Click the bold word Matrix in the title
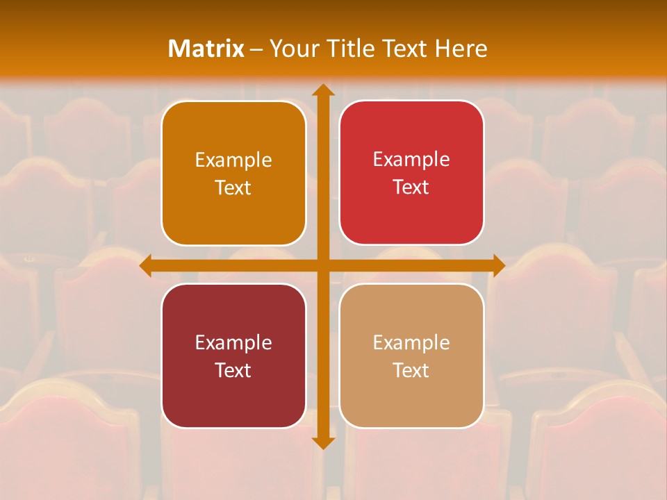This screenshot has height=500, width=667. (206, 49)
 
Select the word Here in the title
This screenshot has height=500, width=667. (461, 49)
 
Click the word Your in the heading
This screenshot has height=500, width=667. (293, 49)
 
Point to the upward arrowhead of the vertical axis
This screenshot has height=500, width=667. (322, 91)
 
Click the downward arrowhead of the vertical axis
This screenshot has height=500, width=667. (322, 441)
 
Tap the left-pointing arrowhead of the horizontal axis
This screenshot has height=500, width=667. (147, 265)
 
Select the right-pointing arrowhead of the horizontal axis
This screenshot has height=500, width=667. (497, 265)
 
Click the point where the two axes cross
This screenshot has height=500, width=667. (322, 265)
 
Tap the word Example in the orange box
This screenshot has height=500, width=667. (233, 160)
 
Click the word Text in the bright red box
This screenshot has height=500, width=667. (411, 187)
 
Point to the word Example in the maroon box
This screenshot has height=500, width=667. (233, 342)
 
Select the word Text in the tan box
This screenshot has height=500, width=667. (411, 370)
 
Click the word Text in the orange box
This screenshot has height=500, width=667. (233, 187)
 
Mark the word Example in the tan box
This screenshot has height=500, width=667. (411, 342)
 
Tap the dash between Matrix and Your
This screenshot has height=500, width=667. (257, 49)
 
